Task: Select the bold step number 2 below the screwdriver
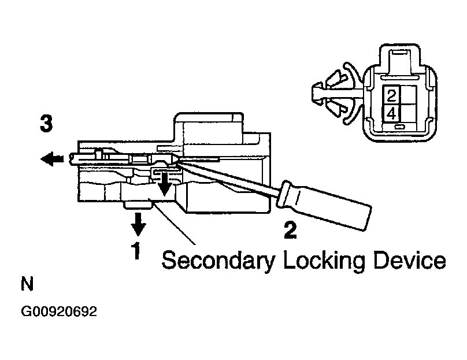point(290,229)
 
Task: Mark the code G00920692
point(59,312)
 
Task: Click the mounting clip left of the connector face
point(336,94)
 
